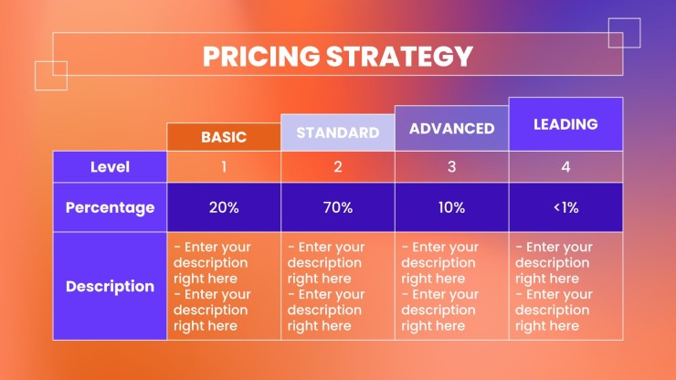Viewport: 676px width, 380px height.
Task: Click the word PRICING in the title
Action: [261, 56]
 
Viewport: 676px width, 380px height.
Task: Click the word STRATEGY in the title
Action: [399, 56]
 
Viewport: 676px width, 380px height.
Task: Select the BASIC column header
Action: [224, 137]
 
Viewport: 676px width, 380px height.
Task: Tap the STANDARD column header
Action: [338, 132]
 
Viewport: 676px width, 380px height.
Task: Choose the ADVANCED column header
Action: [452, 128]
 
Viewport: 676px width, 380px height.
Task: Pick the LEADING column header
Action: [565, 124]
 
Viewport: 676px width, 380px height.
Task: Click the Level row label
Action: [110, 167]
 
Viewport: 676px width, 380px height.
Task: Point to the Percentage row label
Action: [110, 207]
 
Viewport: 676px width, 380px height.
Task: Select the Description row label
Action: [110, 286]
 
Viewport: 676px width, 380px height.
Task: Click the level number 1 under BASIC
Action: [224, 167]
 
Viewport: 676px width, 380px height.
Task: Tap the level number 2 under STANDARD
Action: [338, 167]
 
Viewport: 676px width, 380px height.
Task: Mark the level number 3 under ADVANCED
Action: [452, 167]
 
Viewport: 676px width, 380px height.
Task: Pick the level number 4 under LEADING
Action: [565, 167]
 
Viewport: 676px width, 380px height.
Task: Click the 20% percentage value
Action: [224, 207]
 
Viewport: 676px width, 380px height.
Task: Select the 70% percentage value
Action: [338, 207]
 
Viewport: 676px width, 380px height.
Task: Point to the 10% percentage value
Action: [452, 207]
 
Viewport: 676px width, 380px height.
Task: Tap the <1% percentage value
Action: [565, 207]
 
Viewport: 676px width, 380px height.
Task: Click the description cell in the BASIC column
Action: [224, 286]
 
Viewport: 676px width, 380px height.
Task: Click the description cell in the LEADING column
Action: [565, 286]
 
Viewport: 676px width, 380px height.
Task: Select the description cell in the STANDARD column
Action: [338, 286]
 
